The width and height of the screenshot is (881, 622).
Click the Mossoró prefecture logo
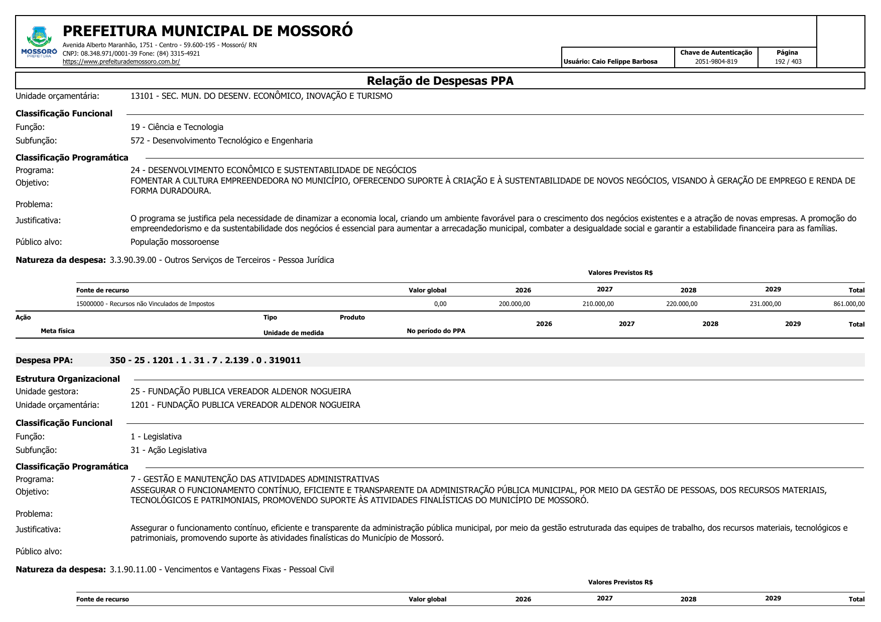[x=39, y=42]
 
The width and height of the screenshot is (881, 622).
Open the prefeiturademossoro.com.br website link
[x=121, y=62]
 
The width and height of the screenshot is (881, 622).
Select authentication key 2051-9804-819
[x=716, y=62]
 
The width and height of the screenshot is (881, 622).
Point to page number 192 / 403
[x=788, y=62]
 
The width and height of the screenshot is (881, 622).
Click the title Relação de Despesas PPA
[x=440, y=81]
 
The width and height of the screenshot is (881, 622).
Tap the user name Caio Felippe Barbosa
[x=624, y=62]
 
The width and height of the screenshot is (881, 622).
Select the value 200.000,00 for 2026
[x=514, y=304]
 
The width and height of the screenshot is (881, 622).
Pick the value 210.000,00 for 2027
[x=598, y=304]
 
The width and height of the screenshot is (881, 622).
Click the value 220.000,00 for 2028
[x=681, y=304]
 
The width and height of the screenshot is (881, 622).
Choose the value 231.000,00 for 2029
[x=765, y=304]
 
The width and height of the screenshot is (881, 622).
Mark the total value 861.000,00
[x=849, y=304]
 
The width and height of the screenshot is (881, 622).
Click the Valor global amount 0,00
[x=440, y=304]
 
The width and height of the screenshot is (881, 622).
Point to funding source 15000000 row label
[x=145, y=304]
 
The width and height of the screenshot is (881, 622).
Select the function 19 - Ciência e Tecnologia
[x=177, y=127]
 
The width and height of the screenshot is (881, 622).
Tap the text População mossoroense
[x=175, y=242]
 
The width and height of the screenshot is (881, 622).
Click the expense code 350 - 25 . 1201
[x=205, y=360]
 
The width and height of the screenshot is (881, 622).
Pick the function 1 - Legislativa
[x=156, y=437]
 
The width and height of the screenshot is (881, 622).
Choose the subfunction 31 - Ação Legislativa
[x=168, y=450]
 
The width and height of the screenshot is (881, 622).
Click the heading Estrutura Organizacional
[x=68, y=379]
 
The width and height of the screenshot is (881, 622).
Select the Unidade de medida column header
[x=293, y=333]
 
